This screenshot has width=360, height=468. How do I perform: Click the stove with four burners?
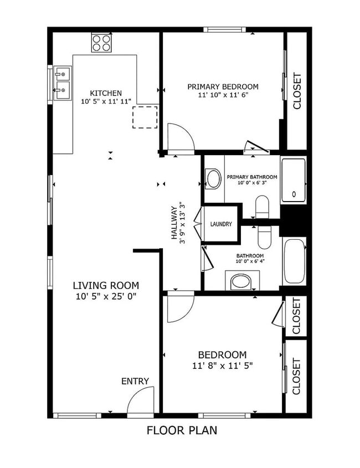tap(101, 43)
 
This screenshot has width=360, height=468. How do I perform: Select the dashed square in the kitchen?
tap(145, 116)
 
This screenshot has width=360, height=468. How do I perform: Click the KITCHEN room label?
tap(106, 93)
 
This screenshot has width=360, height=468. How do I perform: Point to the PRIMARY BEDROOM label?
tap(223, 86)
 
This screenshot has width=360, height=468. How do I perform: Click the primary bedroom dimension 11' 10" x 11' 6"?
tap(223, 95)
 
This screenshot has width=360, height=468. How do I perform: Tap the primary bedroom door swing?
tap(179, 137)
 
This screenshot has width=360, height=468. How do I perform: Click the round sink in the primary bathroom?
tap(213, 178)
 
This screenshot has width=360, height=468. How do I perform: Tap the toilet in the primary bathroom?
tap(262, 208)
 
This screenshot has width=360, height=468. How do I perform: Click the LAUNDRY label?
tap(221, 224)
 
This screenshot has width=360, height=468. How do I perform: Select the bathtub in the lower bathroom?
tap(294, 261)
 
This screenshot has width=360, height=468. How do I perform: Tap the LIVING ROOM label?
tap(106, 285)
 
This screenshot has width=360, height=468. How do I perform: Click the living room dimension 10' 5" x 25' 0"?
tap(106, 296)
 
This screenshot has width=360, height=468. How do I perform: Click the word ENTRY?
tap(135, 381)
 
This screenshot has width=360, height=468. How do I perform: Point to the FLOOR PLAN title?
tap(182, 430)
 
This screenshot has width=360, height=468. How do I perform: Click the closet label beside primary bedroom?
tap(297, 91)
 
